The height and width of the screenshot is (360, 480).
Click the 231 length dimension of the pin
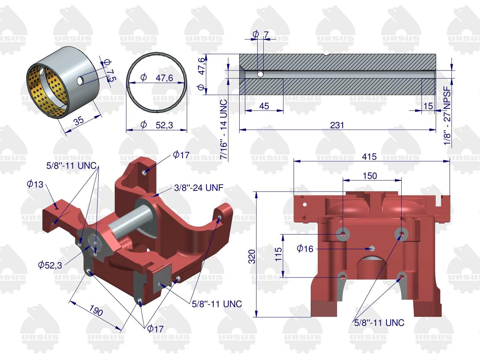tap(337, 125)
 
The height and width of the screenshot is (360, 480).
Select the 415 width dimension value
tap(369, 156)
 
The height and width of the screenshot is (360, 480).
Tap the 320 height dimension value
tap(252, 256)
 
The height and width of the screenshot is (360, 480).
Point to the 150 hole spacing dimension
tap(370, 176)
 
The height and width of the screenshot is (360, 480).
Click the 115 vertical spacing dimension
tap(278, 254)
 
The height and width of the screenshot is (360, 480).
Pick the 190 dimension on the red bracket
tap(96, 310)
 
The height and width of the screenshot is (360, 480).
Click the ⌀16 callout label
tap(305, 249)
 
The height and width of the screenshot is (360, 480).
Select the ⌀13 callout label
tap(35, 184)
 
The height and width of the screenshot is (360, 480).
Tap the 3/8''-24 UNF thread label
tap(198, 187)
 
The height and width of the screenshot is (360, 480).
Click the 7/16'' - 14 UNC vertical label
tap(224, 129)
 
